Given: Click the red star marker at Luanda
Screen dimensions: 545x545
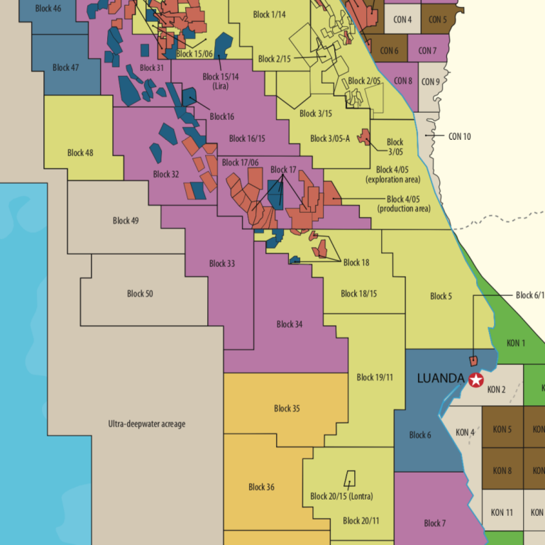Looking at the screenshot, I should click(x=475, y=380).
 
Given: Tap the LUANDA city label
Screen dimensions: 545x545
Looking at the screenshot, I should click(x=440, y=378).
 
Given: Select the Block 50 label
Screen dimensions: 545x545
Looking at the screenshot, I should click(x=140, y=293).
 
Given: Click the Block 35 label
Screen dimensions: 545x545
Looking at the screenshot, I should click(x=287, y=408).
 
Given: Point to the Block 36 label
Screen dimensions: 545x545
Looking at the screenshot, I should click(x=261, y=487).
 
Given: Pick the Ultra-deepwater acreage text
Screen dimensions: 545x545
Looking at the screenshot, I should click(x=146, y=424).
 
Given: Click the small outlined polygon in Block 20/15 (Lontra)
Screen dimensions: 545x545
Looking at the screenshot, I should click(x=348, y=479).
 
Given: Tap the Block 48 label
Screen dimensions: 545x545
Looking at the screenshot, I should click(x=80, y=153).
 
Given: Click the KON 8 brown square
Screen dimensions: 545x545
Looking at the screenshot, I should click(x=502, y=470).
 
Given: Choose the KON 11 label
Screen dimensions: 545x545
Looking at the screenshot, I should click(x=502, y=512).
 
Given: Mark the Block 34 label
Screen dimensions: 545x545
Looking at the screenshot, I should click(x=290, y=324).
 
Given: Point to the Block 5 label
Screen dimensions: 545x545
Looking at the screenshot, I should click(x=440, y=296).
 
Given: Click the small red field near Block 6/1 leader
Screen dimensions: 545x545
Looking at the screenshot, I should click(x=473, y=361).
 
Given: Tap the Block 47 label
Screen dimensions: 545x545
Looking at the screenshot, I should click(x=65, y=67).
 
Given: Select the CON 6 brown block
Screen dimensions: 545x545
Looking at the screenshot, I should click(x=389, y=50).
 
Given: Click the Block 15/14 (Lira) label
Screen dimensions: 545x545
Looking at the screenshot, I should click(x=220, y=81).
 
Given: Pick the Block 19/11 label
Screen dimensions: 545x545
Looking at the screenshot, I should click(x=374, y=378).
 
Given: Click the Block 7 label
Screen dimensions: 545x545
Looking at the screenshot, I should click(x=434, y=523).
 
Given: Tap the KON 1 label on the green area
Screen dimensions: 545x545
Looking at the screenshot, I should click(x=516, y=343).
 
